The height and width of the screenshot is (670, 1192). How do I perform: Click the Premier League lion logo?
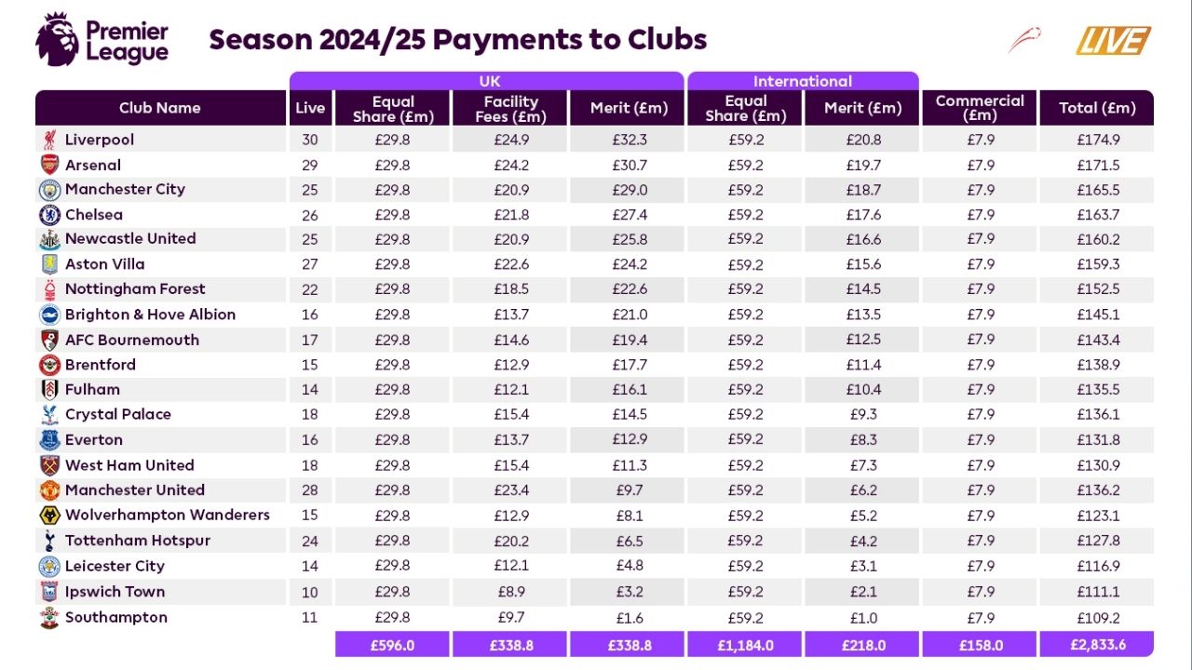pos(56,39)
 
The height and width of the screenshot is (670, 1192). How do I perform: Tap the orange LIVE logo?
pos(1114,41)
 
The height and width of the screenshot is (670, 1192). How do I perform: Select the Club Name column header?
pos(160,108)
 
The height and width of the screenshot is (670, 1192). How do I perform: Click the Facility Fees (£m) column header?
pos(510,108)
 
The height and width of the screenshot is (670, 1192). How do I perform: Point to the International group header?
pos(803,81)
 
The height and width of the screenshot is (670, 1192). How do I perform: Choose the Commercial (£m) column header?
pos(980,108)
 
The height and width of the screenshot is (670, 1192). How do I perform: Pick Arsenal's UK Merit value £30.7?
pos(629,165)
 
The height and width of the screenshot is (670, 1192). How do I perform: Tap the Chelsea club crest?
pos(49,215)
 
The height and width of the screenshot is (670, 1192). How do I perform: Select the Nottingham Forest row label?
pos(135,289)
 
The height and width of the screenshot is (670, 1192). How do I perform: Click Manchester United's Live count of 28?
pos(310,490)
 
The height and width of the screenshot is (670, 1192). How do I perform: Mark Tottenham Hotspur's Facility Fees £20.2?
pos(510,541)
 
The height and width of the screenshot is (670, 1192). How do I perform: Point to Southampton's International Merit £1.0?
pos(863,617)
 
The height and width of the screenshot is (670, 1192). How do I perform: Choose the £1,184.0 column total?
pos(745,645)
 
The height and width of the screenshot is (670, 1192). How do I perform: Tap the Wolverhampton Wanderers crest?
pos(49,516)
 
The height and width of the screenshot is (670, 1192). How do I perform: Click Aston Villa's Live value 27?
pos(310,264)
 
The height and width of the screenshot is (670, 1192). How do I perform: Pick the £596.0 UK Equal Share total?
pos(392,645)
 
